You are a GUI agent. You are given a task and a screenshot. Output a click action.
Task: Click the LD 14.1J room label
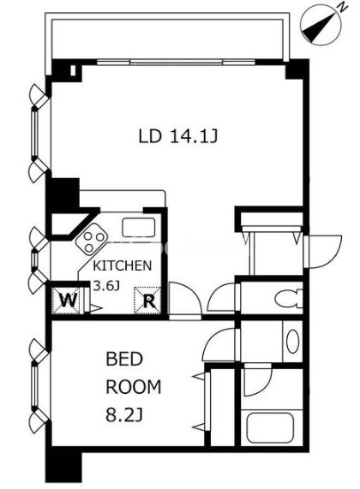(177, 136)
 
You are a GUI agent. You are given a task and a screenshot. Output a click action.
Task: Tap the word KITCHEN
(123, 265)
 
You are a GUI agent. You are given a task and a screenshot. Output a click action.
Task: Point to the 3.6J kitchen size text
(107, 286)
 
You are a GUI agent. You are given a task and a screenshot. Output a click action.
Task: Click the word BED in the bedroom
(124, 359)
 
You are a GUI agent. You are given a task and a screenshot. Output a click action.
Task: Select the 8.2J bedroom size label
(124, 415)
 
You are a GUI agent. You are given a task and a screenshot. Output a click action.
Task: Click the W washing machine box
(68, 301)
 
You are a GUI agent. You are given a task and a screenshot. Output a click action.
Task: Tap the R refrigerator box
(147, 301)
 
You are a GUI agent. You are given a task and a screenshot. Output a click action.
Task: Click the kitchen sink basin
(139, 227)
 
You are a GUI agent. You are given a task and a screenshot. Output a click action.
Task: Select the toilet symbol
(289, 298)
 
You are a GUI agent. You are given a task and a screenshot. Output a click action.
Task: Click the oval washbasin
(292, 341)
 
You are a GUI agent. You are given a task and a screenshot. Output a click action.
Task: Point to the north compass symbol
(321, 25)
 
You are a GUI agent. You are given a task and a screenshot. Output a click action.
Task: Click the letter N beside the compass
(343, 8)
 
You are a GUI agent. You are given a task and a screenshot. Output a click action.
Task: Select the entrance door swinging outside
(323, 252)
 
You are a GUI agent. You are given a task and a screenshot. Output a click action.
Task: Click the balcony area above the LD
(168, 39)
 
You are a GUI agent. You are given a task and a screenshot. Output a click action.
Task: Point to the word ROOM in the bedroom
(134, 387)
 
